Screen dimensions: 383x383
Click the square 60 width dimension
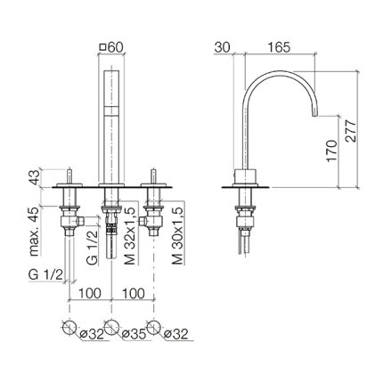[111, 47]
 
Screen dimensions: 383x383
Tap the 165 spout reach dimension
[279, 47]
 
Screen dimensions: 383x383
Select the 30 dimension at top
[223, 47]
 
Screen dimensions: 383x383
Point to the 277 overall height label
[351, 131]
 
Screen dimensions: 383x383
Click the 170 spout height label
[332, 151]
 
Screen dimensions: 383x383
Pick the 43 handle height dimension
[35, 177]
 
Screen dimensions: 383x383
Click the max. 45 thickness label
[35, 232]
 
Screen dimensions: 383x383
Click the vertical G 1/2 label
[92, 247]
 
